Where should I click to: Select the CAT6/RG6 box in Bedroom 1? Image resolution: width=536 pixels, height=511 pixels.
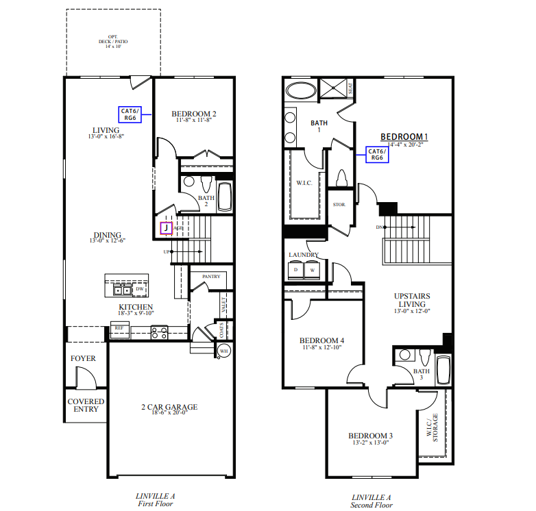click(376, 155)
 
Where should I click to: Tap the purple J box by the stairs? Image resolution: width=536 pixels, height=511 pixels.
click(165, 229)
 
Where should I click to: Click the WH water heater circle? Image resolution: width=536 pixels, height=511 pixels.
click(223, 351)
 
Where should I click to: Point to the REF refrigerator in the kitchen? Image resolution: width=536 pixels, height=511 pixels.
click(119, 328)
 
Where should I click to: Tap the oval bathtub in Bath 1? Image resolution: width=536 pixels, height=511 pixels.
click(300, 90)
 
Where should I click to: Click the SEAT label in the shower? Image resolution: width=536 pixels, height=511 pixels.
click(351, 88)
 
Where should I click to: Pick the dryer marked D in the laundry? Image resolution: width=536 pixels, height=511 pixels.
click(296, 270)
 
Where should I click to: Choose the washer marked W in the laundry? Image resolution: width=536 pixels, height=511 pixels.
click(313, 270)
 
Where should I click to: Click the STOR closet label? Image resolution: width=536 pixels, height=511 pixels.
click(339, 205)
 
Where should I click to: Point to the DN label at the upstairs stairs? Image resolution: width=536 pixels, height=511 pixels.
click(380, 227)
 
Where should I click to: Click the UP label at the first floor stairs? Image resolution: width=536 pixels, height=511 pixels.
click(166, 252)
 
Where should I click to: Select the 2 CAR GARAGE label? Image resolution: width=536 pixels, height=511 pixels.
click(169, 408)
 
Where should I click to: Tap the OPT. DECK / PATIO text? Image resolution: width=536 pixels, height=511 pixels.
click(113, 42)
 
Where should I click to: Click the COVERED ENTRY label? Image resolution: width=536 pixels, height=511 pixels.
click(86, 406)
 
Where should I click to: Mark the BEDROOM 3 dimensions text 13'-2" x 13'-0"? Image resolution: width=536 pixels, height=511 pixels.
click(370, 443)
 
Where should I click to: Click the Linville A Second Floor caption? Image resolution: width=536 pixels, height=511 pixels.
click(371, 501)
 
